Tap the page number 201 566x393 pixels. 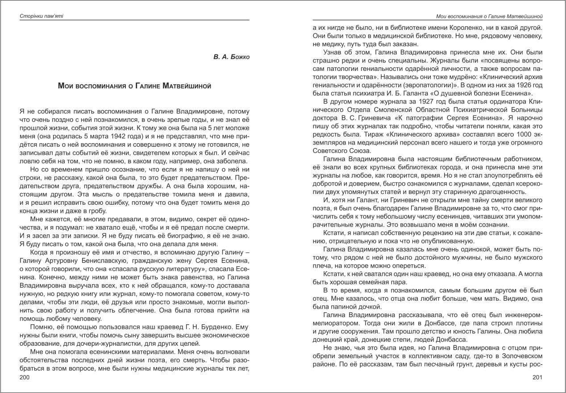click(537, 377)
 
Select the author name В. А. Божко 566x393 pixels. click(231, 58)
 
